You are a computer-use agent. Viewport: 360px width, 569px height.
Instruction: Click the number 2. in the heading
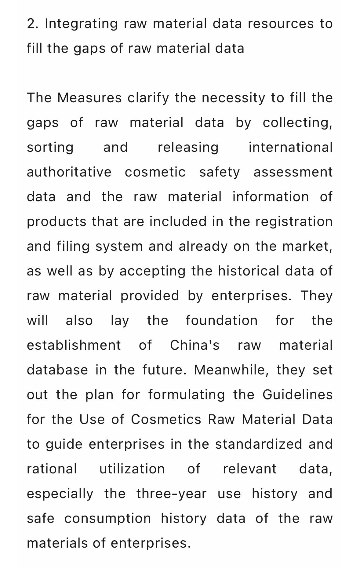pyautogui.click(x=33, y=24)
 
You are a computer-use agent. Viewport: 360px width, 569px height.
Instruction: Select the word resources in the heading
pyautogui.click(x=281, y=24)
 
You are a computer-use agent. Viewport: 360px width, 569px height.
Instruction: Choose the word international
pyautogui.click(x=290, y=148)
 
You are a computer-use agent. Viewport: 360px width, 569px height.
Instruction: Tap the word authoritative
pyautogui.click(x=69, y=172)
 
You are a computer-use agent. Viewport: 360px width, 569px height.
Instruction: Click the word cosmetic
pyautogui.click(x=155, y=172)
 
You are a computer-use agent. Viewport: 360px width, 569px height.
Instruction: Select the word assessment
pyautogui.click(x=293, y=172)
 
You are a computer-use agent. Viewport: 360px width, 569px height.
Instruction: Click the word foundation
pyautogui.click(x=222, y=321)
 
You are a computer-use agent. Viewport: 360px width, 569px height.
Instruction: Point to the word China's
pyautogui.click(x=195, y=345)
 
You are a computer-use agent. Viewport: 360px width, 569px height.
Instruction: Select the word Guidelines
pyautogui.click(x=297, y=395)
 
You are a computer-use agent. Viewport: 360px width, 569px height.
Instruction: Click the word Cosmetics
pyautogui.click(x=166, y=420)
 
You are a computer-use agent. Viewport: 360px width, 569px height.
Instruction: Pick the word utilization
pyautogui.click(x=132, y=469)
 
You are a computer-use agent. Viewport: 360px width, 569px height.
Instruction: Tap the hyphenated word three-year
pyautogui.click(x=171, y=494)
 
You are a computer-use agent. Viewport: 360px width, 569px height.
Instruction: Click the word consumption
pyautogui.click(x=107, y=519)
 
